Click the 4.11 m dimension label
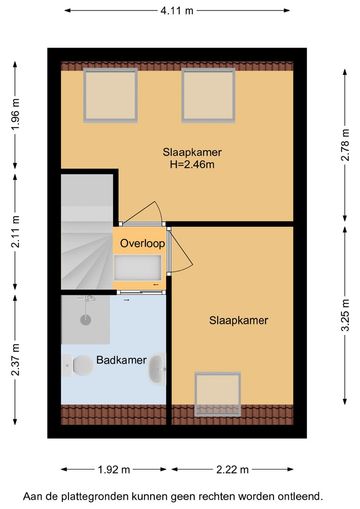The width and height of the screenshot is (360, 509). coord(177,11)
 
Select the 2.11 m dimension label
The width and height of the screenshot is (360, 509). coord(16,231)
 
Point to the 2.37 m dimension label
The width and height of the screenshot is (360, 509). coord(16,359)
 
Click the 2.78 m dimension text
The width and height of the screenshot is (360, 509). coord(345,145)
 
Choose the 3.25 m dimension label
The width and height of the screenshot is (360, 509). coord(345,315)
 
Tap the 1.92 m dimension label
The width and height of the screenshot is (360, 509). coord(114,470)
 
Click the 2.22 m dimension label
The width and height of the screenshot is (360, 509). coord(232,470)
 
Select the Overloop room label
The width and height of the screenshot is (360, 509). coord(142,243)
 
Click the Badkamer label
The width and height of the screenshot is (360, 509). coord(121,360)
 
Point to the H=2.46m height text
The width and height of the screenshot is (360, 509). coord(192,164)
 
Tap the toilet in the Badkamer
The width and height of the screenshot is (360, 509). coord(79,365)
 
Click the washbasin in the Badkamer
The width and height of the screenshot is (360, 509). coord(158,368)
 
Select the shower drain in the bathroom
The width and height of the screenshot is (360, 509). coord(86,320)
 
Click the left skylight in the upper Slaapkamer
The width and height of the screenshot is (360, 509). coord(110,95)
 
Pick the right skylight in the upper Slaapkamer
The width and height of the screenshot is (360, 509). coord(209,95)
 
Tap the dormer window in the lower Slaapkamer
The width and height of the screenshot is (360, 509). coord(218,394)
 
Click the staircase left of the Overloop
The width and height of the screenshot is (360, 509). coord(87,231)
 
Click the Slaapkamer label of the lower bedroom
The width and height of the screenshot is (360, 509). coord(239,321)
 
